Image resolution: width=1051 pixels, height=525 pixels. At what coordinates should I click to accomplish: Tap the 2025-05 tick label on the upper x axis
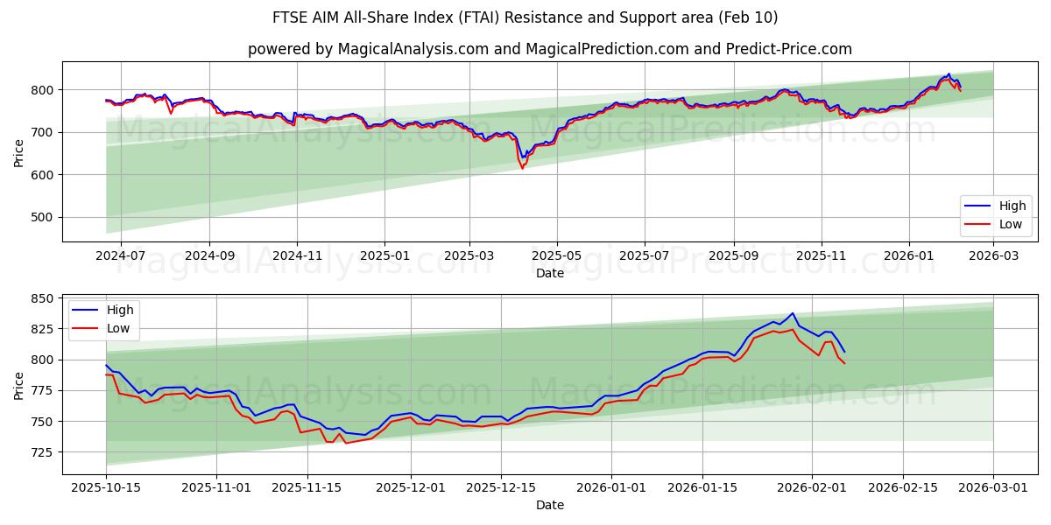coord(557,257)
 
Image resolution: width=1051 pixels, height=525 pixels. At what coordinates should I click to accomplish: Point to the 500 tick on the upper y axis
coord(44,218)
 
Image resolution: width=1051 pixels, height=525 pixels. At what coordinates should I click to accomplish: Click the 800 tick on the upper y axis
coord(44,90)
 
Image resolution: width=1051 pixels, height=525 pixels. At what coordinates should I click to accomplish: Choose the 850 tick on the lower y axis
coord(44,298)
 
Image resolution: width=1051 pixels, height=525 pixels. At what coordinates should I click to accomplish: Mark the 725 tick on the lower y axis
coord(44,452)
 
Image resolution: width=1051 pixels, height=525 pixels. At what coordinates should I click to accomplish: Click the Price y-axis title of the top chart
coord(19,151)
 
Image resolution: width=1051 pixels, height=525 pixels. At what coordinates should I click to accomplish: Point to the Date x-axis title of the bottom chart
coord(549,505)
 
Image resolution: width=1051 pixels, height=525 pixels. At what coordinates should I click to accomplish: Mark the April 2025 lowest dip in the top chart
coord(523,167)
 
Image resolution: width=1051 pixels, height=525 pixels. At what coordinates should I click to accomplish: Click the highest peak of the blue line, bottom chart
coord(792,313)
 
